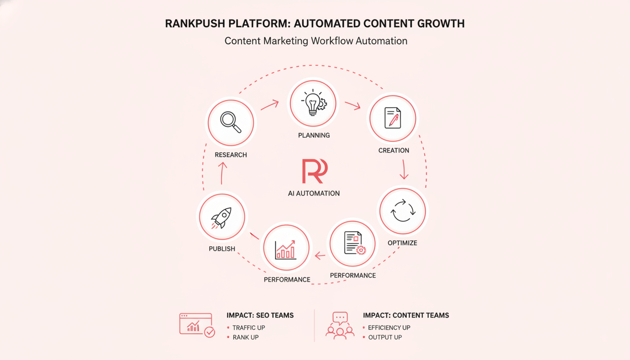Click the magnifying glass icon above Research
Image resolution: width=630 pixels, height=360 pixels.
pos(230,122)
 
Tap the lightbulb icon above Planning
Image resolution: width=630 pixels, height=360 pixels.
pos(314,103)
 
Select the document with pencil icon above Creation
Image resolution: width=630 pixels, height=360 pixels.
pos(392,118)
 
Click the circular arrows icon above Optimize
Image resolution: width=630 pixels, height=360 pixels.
pos(403,211)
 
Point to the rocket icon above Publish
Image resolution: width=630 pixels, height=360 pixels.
pos(221,218)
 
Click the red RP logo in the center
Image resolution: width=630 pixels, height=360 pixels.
pos(315,171)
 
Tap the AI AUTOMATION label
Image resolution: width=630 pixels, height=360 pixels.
pos(314,193)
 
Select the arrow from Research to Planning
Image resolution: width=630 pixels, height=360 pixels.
pos(270,105)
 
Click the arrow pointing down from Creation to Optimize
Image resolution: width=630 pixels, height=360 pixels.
pos(404,169)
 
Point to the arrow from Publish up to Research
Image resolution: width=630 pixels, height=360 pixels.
pos(222,173)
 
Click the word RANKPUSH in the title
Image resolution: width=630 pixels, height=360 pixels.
pos(195,23)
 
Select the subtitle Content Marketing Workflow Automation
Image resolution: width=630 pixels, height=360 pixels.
pos(316,41)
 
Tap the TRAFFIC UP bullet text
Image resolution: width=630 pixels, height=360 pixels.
pos(248,328)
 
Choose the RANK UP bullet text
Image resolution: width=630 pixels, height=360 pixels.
pos(246,337)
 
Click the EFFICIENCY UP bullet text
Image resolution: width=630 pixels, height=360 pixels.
pos(389,328)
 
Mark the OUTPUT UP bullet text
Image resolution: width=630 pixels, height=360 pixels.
pos(385,337)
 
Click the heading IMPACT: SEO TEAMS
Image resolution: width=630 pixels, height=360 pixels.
pos(260,315)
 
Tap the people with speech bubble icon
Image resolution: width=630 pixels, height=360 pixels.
pos(340,325)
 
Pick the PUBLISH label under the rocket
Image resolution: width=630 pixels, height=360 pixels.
pos(222,249)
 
